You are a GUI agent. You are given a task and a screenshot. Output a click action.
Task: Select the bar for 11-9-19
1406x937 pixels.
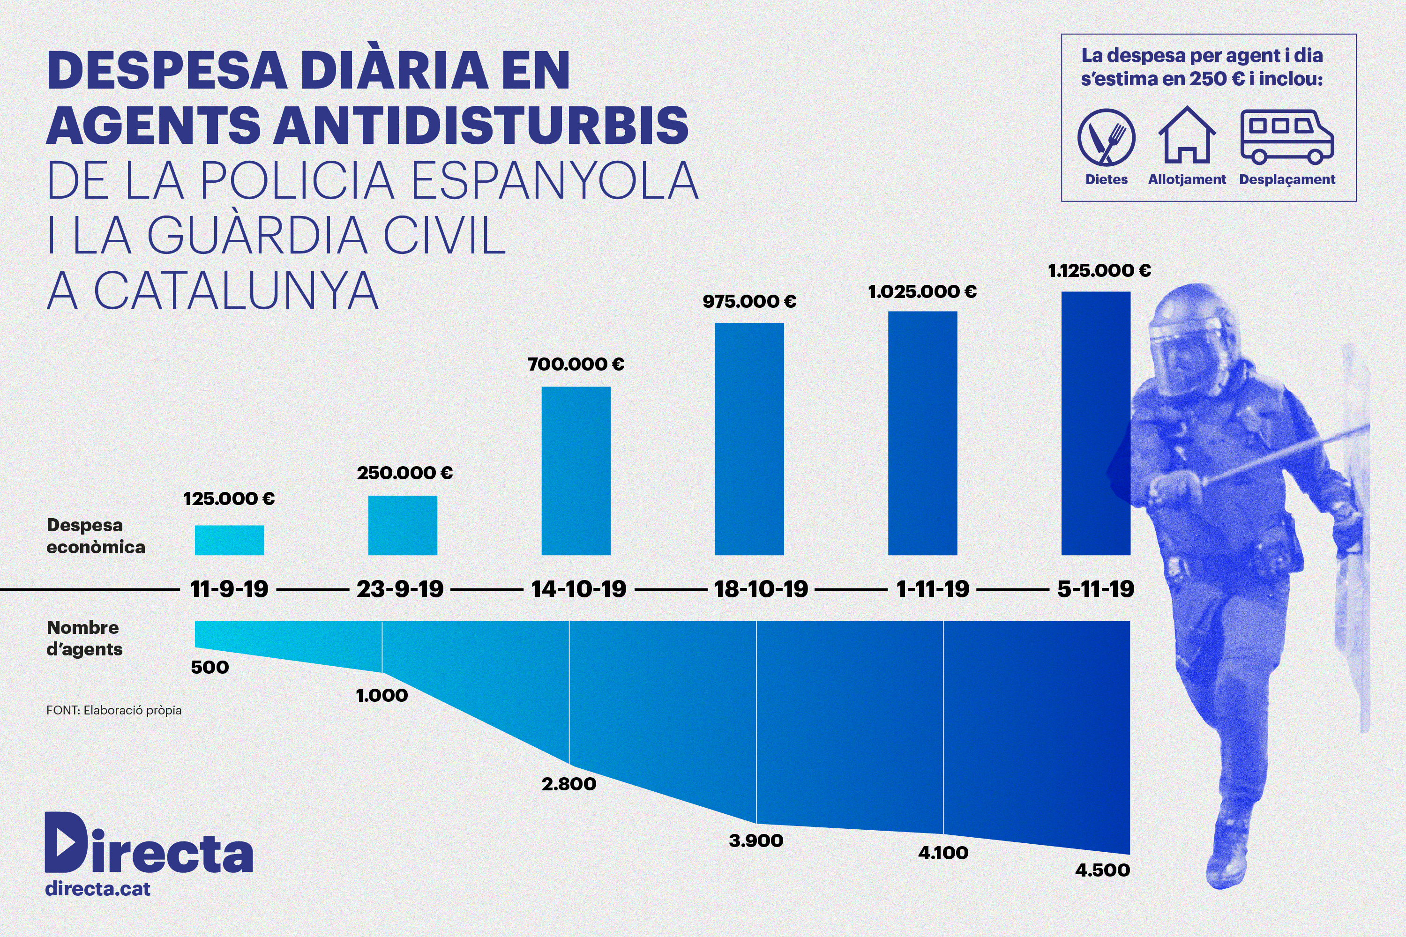(x=229, y=540)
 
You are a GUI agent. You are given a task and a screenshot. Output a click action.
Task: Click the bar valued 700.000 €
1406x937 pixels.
(x=576, y=471)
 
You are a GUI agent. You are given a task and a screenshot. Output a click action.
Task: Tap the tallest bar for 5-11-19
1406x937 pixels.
(x=1096, y=423)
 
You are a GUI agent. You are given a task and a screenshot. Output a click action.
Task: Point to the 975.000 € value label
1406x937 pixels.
(x=749, y=301)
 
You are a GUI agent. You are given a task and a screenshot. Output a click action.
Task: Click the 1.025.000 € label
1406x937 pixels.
(x=922, y=291)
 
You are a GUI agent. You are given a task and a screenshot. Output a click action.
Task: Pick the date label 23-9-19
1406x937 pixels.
(x=400, y=589)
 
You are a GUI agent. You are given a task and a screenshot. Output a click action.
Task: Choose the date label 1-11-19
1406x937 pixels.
(x=933, y=589)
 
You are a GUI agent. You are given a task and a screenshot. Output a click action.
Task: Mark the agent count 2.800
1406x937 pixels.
(x=568, y=784)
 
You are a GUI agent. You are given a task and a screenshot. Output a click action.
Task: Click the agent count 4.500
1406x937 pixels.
(x=1102, y=870)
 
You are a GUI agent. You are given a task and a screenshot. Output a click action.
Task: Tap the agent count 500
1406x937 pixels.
(x=210, y=667)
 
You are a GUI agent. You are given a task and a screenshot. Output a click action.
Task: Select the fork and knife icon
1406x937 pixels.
(x=1106, y=137)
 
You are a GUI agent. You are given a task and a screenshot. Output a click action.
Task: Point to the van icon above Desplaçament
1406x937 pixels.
(x=1287, y=136)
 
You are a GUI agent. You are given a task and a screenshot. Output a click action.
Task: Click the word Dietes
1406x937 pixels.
(x=1107, y=179)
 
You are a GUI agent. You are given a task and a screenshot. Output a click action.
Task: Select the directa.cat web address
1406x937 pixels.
(x=98, y=889)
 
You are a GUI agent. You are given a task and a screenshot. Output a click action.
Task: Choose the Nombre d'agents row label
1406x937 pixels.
(x=84, y=638)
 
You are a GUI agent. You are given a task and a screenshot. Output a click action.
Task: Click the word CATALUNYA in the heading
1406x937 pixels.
(x=236, y=291)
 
